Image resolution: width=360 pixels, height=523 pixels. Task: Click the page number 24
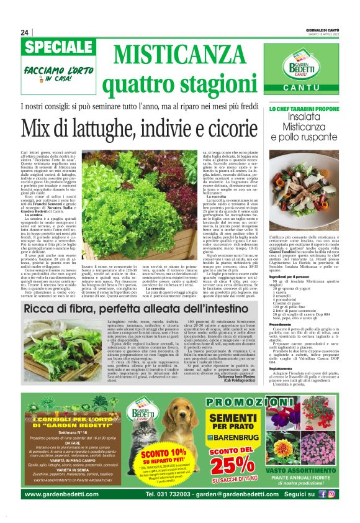point(25,32)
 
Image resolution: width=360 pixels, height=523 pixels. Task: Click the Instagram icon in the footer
point(331,494)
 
